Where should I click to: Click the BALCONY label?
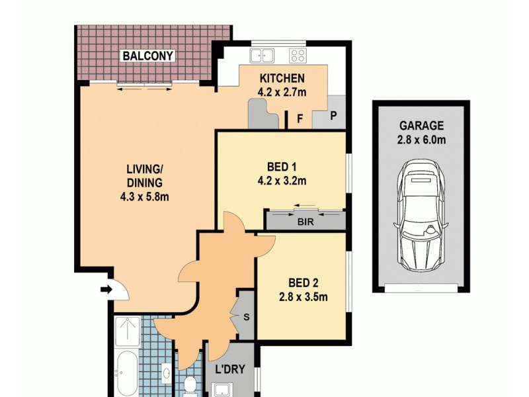coord(147,56)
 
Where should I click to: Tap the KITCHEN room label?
coord(282,78)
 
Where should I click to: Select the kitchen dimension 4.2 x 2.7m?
coord(282,92)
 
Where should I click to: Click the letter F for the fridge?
coord(300,120)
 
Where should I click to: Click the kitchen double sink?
coord(263,56)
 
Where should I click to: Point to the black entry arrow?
coord(105,289)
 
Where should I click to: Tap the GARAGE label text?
coord(421,126)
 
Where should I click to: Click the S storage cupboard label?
coord(246,316)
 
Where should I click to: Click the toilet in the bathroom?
coord(190,384)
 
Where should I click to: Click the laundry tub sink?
coord(224,389)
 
